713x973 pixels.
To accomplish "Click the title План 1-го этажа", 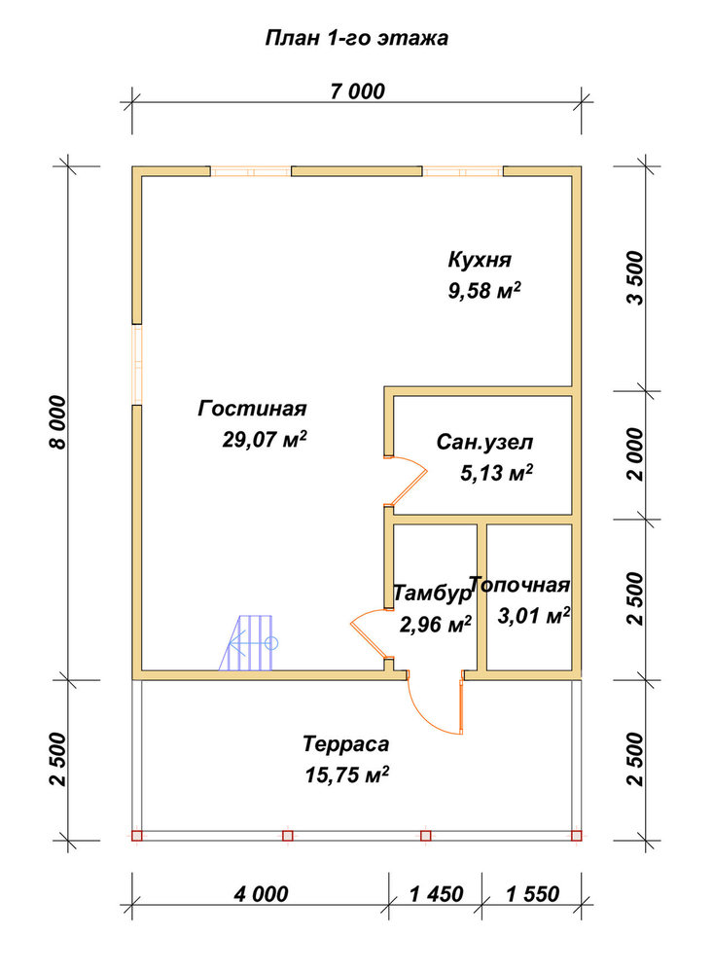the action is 357,39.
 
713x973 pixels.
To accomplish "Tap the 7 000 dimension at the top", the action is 357,91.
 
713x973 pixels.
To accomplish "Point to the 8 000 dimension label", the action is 57,422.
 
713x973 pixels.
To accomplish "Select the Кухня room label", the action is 480,260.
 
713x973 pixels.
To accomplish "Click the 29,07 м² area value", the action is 265,440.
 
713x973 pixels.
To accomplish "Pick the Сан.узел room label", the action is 484,443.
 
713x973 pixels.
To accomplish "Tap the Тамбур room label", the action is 433,594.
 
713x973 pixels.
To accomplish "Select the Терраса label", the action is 346,743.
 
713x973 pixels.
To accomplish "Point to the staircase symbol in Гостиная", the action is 249,643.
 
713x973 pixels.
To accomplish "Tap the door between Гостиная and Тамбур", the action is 372,633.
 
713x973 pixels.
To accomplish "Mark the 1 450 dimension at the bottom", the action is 436,894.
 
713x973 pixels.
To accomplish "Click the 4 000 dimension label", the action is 262,894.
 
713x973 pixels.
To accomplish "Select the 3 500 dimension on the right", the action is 635,277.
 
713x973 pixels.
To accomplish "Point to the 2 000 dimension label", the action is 635,454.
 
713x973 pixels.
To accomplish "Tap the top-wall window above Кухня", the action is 463,171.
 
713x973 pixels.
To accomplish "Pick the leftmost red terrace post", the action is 137,835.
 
